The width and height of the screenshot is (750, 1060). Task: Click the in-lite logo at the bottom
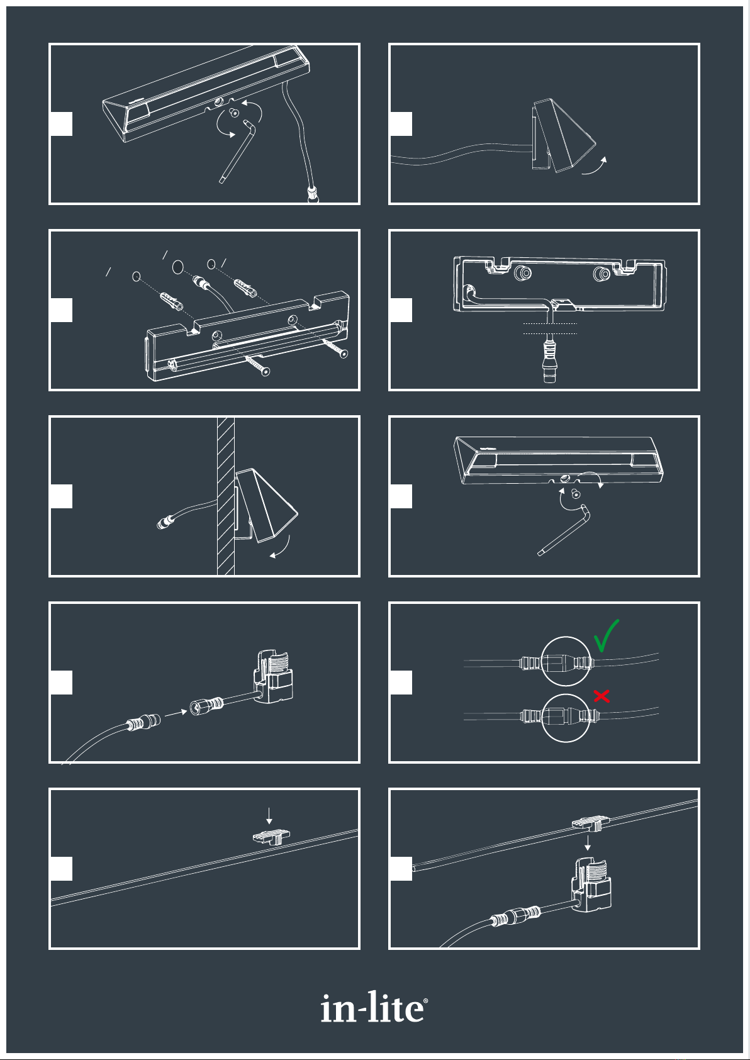(x=374, y=1007)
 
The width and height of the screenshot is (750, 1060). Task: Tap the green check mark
(x=606, y=636)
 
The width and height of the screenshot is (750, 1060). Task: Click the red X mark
(x=602, y=696)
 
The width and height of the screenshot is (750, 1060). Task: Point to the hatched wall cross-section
(x=226, y=496)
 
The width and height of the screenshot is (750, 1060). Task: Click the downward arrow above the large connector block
(x=587, y=843)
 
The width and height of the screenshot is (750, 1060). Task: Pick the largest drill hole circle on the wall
(x=177, y=267)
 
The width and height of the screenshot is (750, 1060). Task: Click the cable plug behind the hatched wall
(x=165, y=522)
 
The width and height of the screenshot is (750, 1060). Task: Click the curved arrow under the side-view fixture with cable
(x=595, y=165)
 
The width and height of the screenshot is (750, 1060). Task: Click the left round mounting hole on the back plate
(x=523, y=272)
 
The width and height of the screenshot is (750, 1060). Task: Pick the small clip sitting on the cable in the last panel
(x=589, y=824)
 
